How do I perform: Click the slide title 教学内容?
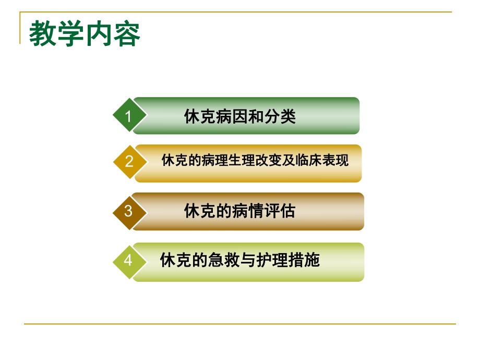coord(85,34)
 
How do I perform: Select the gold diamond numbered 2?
coord(129,162)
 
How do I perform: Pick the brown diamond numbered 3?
coord(129,211)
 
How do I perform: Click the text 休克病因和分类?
coord(240,116)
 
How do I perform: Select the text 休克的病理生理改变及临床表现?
coord(255,160)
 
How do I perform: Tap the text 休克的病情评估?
coord(239,211)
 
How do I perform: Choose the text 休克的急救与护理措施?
coord(239,260)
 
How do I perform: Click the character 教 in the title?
coord(43,34)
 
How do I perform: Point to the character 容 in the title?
coord(127,34)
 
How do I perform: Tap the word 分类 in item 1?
coord(280,116)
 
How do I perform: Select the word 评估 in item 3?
coord(280,211)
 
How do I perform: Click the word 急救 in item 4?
coord(224,260)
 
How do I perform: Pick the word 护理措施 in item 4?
coord(287,260)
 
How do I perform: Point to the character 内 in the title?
coord(99,34)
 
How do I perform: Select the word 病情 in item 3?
coord(248,211)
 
